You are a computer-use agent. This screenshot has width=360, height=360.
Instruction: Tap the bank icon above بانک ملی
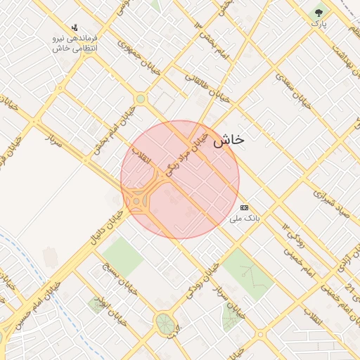click(244, 207)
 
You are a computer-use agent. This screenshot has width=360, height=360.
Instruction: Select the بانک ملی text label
click(245, 219)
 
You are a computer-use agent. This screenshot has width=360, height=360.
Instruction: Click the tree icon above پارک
click(320, 13)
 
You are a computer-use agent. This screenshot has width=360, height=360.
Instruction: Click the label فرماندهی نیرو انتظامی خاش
click(75, 43)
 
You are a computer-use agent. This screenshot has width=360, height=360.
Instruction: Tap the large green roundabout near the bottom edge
click(166, 323)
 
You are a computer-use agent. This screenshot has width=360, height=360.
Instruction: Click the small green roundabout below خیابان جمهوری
click(141, 99)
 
